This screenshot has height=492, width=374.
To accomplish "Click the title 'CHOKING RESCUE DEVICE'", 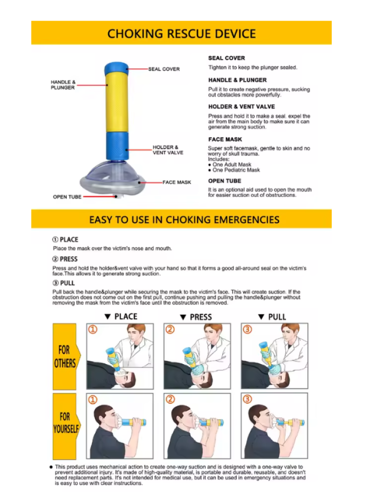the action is (x=182, y=33).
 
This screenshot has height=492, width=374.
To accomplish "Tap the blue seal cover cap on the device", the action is (x=117, y=68).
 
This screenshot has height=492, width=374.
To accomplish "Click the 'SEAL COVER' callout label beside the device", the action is (x=164, y=69).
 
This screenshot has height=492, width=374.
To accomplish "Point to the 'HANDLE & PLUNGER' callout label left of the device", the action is (x=63, y=85).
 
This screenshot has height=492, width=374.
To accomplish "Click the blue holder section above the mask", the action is (x=117, y=146).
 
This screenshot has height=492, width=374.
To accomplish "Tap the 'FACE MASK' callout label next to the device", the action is (x=177, y=183).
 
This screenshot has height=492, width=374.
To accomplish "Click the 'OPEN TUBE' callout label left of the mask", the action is (x=67, y=197).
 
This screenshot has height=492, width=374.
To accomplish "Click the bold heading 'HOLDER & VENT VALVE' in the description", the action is (x=242, y=107).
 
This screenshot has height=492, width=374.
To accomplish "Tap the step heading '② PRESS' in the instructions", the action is (x=65, y=259).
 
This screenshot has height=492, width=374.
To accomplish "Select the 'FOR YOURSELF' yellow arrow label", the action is (x=65, y=426).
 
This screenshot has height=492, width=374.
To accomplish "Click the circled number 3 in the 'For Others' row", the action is (x=248, y=330).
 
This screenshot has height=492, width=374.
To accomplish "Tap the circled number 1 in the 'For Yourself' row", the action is (x=93, y=400).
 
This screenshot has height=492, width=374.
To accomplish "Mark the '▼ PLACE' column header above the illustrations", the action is (x=121, y=316).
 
